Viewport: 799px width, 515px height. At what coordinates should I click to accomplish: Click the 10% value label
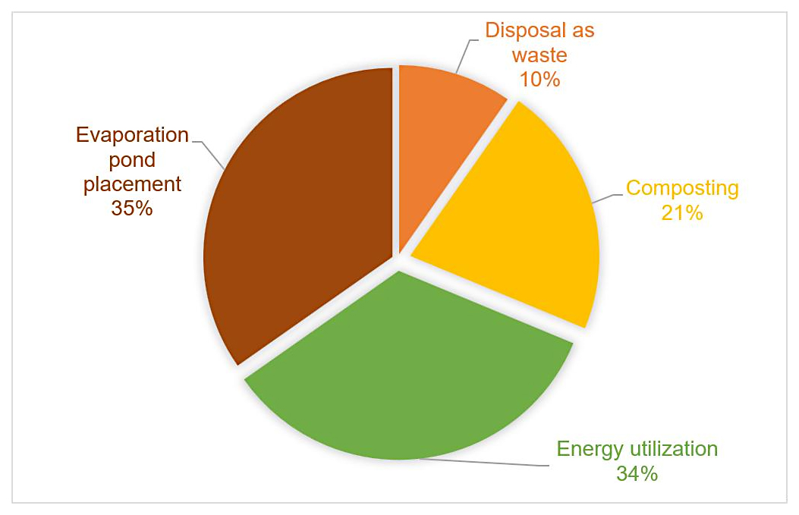(x=539, y=77)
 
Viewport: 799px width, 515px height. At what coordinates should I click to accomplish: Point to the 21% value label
(x=681, y=212)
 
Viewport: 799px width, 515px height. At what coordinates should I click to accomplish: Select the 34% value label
(x=637, y=474)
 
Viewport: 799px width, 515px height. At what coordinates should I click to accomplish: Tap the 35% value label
(x=132, y=208)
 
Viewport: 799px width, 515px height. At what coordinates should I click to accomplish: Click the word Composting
(x=681, y=188)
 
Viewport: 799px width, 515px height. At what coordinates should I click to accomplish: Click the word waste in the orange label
(x=539, y=55)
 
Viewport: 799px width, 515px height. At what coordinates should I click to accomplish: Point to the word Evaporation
(x=132, y=135)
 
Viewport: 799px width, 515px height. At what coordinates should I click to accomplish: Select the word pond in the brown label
(x=132, y=159)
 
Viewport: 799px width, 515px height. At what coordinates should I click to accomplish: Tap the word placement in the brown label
(x=132, y=184)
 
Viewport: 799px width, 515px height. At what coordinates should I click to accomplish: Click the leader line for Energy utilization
(x=486, y=462)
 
